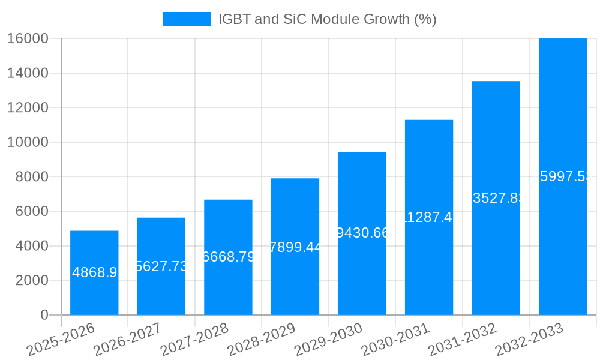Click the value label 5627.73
tap(161, 266)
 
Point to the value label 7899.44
tap(295, 247)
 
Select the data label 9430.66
tap(362, 233)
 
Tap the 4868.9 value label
tap(94, 273)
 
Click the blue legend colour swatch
tap(187, 19)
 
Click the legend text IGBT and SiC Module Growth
tap(327, 19)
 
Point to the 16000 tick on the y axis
tap(28, 38)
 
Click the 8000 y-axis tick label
tap(31, 177)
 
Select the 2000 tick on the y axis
tap(31, 280)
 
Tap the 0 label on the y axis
tap(44, 315)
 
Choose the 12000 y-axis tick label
tap(28, 108)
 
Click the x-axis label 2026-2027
tap(127, 340)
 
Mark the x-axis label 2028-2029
tap(260, 340)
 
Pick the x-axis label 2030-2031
tap(394, 340)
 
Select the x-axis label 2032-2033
tap(528, 340)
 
